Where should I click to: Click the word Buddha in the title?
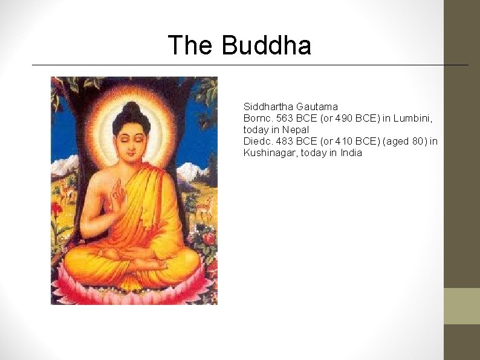[267, 45]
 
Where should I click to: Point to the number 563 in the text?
[284, 118]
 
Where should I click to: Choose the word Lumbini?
[414, 118]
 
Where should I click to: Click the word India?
[351, 152]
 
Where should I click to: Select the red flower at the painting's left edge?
[57, 209]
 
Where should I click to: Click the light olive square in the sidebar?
[462, 306]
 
